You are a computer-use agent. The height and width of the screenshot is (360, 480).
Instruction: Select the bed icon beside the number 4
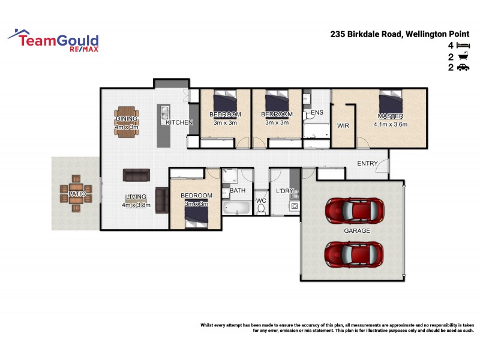463,46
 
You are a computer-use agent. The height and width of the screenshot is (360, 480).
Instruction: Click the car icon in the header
463,68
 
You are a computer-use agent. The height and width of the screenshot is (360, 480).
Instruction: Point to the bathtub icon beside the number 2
463,56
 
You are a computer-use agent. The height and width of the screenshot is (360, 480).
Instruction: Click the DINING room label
127,119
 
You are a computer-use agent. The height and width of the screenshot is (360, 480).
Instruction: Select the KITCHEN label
179,122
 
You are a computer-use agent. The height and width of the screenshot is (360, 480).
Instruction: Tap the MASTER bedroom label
390,115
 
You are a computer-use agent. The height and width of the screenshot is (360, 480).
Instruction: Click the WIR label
343,126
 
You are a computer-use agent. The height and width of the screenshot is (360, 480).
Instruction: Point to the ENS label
317,112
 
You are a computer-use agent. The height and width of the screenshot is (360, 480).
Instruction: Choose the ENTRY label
367,163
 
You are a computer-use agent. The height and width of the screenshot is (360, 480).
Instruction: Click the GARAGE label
357,230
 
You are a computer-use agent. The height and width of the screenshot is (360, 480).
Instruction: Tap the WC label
261,200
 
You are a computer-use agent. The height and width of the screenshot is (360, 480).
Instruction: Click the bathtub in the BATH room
236,208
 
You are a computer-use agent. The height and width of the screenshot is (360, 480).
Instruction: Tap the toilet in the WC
261,209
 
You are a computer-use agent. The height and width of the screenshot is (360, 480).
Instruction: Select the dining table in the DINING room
127,120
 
